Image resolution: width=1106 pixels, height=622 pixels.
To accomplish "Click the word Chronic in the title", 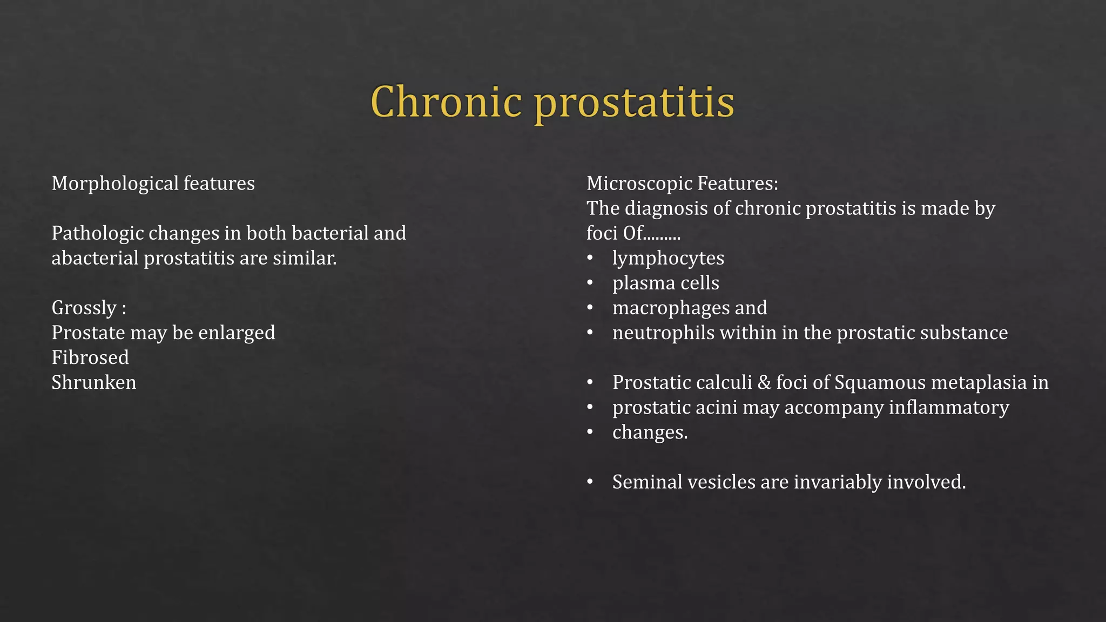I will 446,102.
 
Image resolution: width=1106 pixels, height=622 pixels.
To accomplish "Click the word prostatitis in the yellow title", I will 634,103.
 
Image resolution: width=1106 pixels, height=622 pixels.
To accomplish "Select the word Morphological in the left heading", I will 115,184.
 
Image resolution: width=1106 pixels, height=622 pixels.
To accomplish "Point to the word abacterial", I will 95,258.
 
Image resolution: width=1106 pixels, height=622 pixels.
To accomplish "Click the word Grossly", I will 84,308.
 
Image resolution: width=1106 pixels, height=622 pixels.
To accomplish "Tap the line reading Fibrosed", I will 90,357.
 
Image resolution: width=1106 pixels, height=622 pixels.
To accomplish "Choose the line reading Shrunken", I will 94,382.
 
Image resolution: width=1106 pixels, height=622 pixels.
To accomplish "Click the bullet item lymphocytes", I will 668,258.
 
